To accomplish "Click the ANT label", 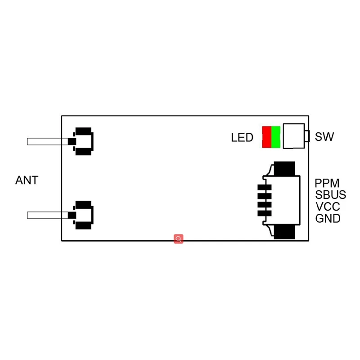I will point(27,180).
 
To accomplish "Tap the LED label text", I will point(242,138).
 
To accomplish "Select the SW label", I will point(324,137).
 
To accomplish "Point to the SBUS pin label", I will point(331,195).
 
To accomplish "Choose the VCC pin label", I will point(328,207).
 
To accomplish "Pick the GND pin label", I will point(328,219).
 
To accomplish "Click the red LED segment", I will point(266,137).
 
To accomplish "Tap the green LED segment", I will point(275,137).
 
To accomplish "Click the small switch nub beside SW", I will point(307,136).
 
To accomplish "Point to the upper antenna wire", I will point(47,141).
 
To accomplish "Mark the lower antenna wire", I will point(47,215).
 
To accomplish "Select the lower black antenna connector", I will point(84,215).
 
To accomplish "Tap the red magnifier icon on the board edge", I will point(179,239).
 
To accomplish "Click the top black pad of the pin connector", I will point(284,169).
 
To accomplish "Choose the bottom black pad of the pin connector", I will point(284,232).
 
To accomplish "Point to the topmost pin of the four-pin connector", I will point(264,188).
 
